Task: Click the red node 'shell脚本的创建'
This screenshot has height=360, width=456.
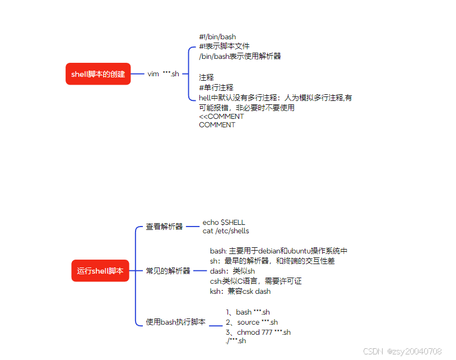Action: point(98,74)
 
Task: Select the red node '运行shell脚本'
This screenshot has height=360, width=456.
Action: point(100,271)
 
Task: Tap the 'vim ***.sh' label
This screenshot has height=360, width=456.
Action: point(163,74)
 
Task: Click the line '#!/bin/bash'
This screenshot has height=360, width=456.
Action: point(217,37)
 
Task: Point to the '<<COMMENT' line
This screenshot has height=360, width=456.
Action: point(221,117)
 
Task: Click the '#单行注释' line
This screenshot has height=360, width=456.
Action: point(216,87)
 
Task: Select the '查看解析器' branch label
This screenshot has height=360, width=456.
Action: point(164,227)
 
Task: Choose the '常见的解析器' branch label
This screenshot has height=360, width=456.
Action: point(168,271)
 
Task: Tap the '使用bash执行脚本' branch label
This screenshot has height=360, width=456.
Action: point(176,322)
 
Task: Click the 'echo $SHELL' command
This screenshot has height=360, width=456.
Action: point(224,223)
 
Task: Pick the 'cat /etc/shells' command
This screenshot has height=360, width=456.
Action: point(226,231)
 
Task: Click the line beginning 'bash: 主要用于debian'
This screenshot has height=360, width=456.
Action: point(278,251)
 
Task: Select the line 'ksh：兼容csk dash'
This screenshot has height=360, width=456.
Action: point(240,292)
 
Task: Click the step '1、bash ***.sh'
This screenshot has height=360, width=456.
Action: point(248,312)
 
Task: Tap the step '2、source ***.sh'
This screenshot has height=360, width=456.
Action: point(252,322)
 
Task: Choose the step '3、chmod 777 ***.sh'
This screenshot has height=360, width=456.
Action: point(258,333)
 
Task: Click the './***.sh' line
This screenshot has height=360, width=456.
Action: point(235,341)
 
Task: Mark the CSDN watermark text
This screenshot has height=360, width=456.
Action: point(402,352)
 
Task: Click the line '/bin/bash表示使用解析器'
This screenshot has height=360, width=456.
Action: point(240,56)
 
